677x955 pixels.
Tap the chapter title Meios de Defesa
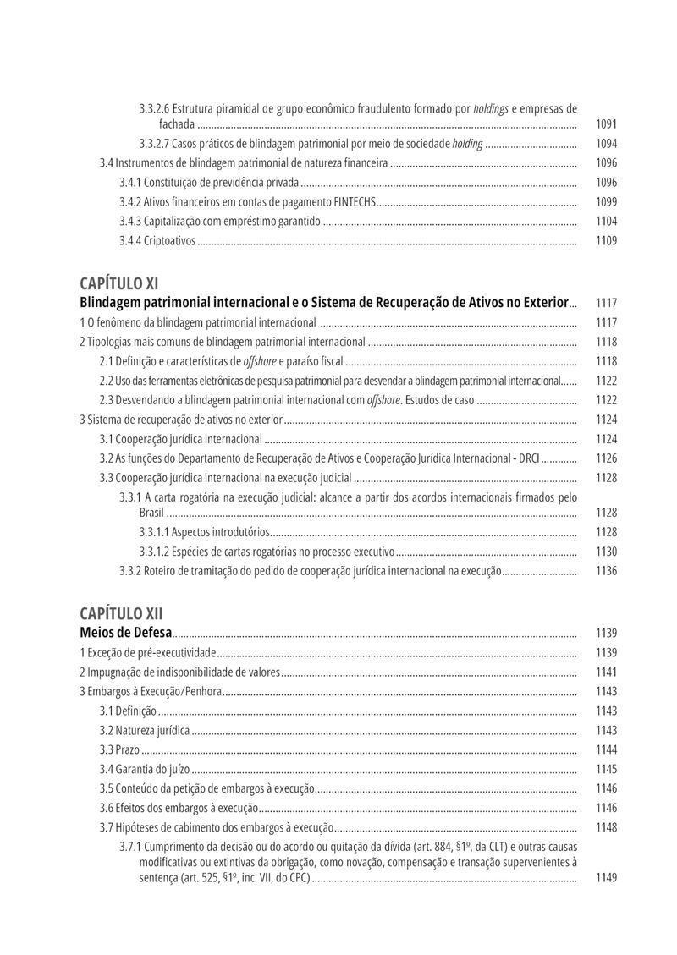[125, 633]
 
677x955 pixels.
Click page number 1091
[606, 124]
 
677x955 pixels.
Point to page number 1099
[606, 202]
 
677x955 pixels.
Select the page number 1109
[606, 241]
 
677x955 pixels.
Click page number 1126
[606, 458]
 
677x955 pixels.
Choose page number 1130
[606, 551]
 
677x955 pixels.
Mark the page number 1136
[606, 571]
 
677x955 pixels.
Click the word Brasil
[151, 513]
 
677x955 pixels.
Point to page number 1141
[606, 672]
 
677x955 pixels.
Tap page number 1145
[606, 770]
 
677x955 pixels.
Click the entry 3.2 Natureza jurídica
[145, 731]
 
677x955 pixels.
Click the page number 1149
[606, 878]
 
